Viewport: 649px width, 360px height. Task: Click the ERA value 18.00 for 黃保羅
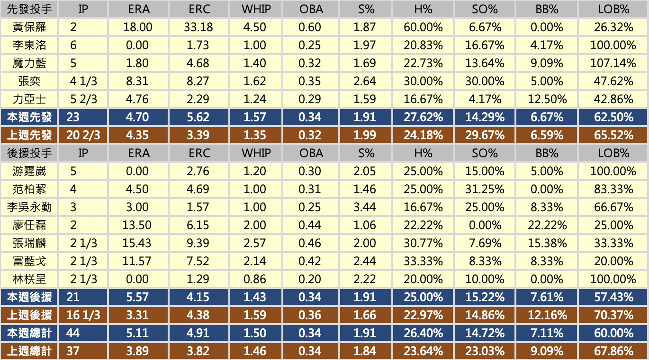pos(137,27)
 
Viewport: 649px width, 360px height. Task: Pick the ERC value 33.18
pos(198,27)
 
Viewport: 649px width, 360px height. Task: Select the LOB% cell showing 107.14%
pos(613,63)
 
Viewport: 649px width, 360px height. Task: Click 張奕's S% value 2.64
pos(364,81)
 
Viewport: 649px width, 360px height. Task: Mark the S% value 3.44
pos(364,207)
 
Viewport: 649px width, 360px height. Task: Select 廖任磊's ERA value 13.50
pos(137,225)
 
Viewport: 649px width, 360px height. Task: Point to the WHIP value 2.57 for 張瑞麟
pos(254,243)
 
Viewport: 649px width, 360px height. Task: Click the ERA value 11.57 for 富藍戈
pos(137,261)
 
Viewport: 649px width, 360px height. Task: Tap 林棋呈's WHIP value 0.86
pos(254,279)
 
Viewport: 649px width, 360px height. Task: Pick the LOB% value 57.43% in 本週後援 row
pos(613,297)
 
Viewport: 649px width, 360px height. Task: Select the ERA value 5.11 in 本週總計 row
pos(137,333)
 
